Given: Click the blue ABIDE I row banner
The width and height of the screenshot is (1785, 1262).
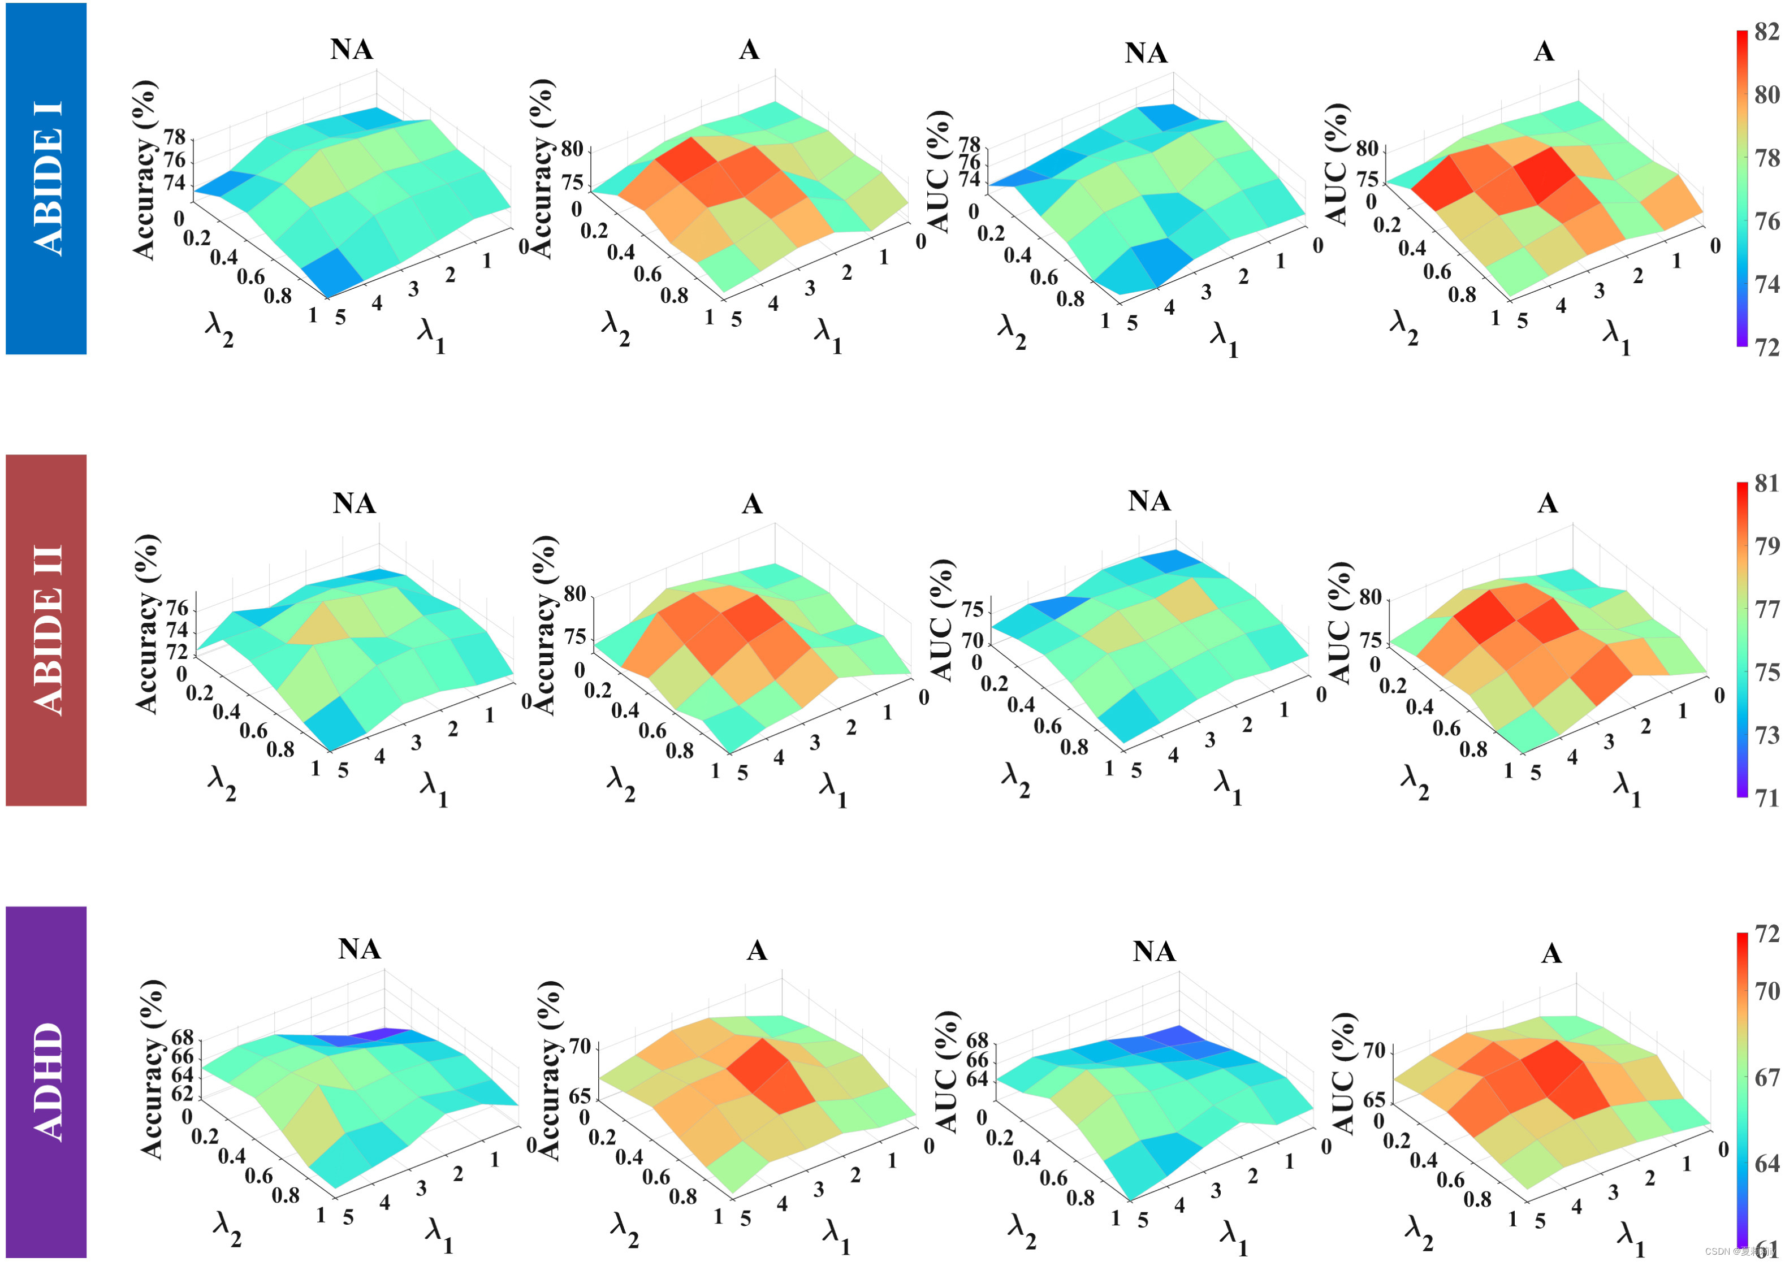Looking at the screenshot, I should coord(46,179).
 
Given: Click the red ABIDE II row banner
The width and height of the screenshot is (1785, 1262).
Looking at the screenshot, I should coord(46,630).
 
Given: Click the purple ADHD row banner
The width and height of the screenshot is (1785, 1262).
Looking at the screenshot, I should coord(46,1082).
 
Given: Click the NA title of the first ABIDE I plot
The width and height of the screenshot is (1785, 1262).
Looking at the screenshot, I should coord(352,50).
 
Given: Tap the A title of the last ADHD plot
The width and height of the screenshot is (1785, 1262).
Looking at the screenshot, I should coord(1551,953).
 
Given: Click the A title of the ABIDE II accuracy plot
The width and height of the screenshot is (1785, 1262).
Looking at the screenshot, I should coord(752,504).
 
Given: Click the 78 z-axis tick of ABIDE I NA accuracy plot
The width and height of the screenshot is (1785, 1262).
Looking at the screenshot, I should coord(175,137).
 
